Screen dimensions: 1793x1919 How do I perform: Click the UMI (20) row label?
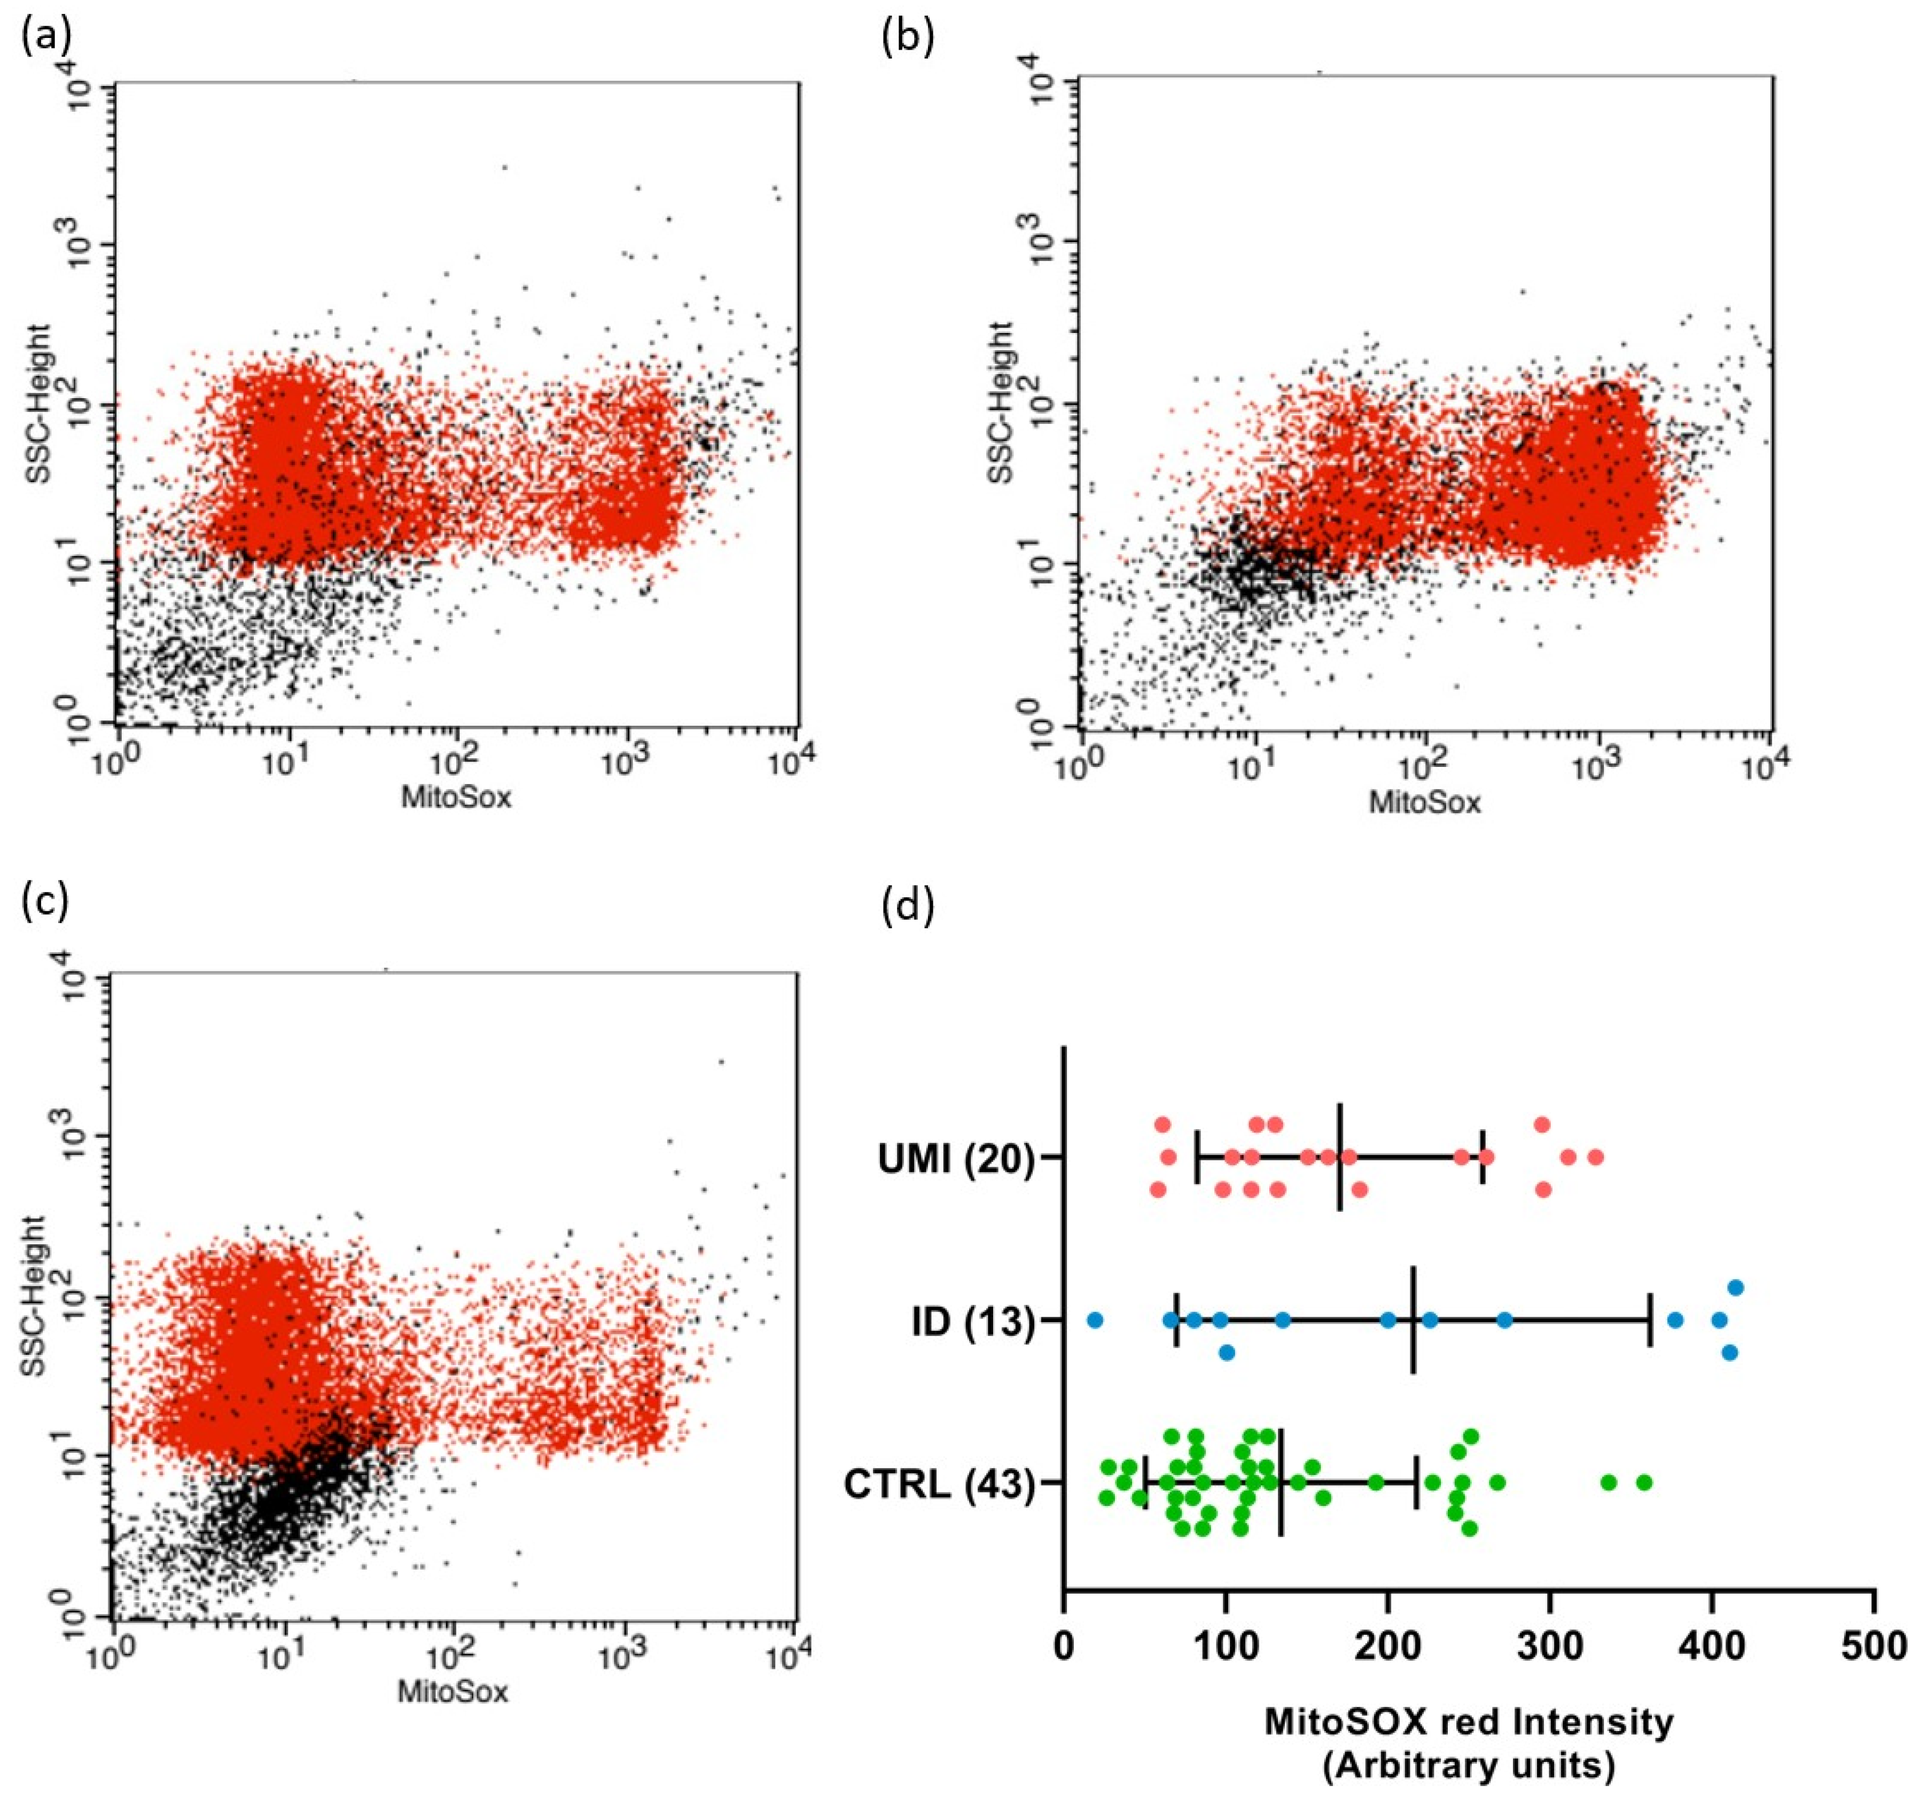tap(956, 1159)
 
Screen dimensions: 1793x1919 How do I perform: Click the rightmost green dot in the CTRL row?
tap(1644, 1482)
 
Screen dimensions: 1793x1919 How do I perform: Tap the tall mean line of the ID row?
tap(1413, 1320)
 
